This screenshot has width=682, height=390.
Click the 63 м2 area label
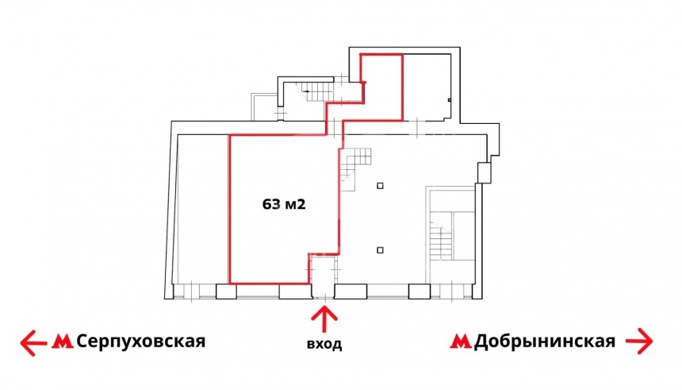(x=284, y=204)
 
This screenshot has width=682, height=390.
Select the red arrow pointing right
(x=639, y=342)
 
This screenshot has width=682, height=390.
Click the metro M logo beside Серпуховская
(x=63, y=342)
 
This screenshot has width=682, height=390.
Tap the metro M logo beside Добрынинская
(x=460, y=342)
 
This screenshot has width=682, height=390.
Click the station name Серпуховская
(x=140, y=342)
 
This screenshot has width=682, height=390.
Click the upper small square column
(x=381, y=186)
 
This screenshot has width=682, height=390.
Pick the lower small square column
(x=381, y=249)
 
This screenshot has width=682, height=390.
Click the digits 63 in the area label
(x=270, y=204)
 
